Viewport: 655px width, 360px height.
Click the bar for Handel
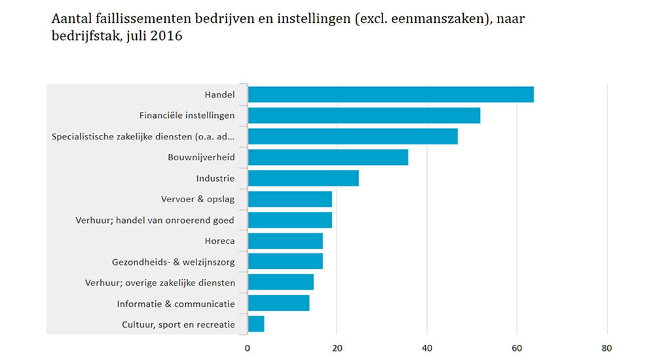390,94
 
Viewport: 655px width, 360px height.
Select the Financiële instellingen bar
364,115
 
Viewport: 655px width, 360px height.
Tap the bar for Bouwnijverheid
327,157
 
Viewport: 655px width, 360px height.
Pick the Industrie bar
303,178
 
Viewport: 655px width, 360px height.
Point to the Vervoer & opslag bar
290,199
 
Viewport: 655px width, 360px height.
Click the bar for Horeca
285,241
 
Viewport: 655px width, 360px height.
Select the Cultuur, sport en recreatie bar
256,324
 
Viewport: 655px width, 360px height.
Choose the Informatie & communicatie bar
278,303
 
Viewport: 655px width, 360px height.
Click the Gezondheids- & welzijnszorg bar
285,261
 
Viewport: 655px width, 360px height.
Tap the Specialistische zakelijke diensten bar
352,136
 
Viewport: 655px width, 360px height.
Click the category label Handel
219,95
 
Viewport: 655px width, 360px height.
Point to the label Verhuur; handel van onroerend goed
155,220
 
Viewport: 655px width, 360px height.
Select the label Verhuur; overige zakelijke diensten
160,283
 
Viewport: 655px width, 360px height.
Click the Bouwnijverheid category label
201,157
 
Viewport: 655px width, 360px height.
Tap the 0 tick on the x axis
248,348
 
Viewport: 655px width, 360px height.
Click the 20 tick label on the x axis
337,348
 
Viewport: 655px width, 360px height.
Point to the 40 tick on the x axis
427,348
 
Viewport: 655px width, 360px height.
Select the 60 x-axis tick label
517,348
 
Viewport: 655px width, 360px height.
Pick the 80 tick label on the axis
607,348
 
